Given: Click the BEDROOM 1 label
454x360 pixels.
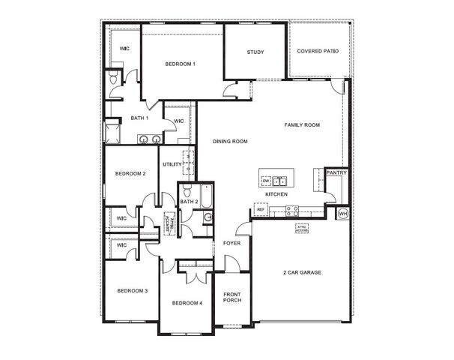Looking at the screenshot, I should [181, 64].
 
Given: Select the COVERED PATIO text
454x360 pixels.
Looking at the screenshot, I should [318, 52].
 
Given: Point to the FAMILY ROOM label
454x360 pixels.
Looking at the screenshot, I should [302, 124].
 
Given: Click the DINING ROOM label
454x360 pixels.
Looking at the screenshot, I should [230, 141].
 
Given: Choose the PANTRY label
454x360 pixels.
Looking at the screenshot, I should [335, 173].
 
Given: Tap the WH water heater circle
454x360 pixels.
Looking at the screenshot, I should [343, 214].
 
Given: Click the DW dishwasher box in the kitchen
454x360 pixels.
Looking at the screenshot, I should [266, 181].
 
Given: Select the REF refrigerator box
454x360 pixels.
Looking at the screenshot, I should [261, 210].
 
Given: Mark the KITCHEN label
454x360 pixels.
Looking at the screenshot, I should [276, 195].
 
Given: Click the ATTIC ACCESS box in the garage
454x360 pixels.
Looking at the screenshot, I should [302, 228].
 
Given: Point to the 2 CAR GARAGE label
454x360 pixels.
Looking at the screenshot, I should [302, 272].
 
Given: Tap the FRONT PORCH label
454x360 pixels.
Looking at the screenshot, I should [232, 298].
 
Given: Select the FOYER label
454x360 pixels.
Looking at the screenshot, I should [231, 244].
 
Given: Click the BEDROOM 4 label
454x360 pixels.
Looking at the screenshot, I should [187, 303].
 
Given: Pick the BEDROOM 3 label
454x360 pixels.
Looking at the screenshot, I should [131, 290].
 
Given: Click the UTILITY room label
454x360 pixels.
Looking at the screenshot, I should [172, 164].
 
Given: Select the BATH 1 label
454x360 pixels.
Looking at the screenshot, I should [140, 118].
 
